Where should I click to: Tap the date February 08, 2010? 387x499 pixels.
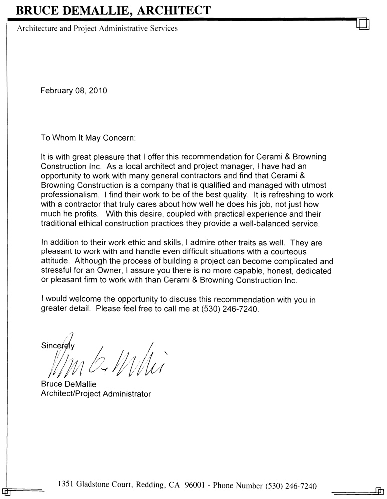point(73,91)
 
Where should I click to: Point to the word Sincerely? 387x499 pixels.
point(57,345)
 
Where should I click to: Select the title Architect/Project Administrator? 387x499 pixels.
point(95,394)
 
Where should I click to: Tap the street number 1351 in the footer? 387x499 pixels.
point(67,484)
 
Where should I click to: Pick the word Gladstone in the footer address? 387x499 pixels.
point(98,484)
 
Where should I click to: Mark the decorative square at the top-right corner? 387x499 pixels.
point(363,24)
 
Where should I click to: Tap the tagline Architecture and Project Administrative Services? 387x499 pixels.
point(97,28)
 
